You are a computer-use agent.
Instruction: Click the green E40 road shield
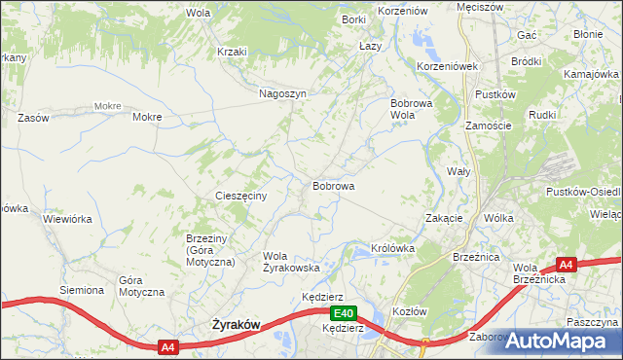pyautogui.click(x=342, y=313)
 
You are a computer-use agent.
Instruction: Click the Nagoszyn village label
pyautogui.click(x=283, y=94)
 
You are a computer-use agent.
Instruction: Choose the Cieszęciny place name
pyautogui.click(x=247, y=196)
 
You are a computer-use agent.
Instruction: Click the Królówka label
pyautogui.click(x=393, y=248)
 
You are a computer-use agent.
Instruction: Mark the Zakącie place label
pyautogui.click(x=444, y=218)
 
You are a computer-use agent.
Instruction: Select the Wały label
pyautogui.click(x=458, y=170)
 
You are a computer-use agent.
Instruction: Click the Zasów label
pyautogui.click(x=33, y=117)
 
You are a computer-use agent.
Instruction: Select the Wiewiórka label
pyautogui.click(x=67, y=219)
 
